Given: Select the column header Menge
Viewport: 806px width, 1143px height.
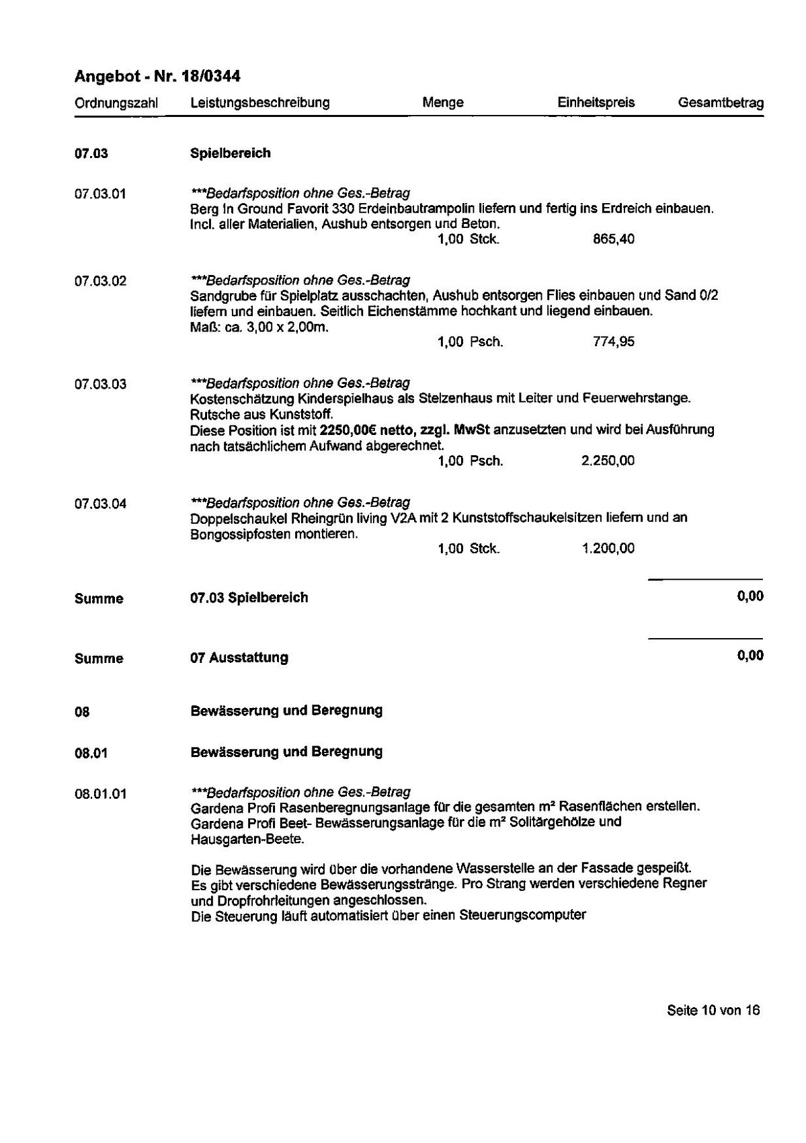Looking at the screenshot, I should pos(443,103).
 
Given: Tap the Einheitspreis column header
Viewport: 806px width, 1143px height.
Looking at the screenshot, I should pos(596,103).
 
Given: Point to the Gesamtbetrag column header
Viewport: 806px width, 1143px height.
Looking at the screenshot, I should pos(721,104).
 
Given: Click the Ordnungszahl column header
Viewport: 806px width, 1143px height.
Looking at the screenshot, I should pos(116,104).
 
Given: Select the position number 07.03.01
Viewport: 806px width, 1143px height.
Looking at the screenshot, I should pos(100,194).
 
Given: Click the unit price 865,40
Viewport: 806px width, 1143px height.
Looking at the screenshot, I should pos(613,239).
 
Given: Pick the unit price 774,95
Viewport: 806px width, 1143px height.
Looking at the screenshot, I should pos(613,342).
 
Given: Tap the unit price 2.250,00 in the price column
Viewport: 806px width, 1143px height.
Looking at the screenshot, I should pos(608,461).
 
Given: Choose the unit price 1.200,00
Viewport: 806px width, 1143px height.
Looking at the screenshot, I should pos(608,549).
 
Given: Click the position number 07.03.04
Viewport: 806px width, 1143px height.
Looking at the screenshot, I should pos(100,504).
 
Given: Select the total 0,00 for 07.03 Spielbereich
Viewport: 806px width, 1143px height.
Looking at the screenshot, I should pos(750,596).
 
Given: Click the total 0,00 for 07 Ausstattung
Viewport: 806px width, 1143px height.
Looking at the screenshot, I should pos(750,656).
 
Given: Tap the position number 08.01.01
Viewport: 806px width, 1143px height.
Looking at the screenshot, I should pos(100,794).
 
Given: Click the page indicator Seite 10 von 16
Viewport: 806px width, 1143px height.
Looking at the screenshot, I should pos(713,1010).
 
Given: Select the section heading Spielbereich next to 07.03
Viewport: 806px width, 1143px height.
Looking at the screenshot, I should pos(231,153).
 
